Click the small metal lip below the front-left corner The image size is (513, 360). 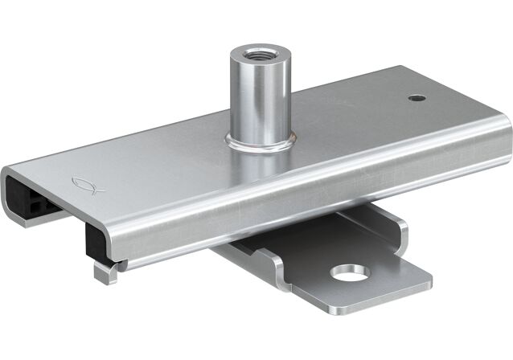point(103,272)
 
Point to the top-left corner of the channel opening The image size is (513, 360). point(10,171)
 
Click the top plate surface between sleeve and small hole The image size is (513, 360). point(338,112)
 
